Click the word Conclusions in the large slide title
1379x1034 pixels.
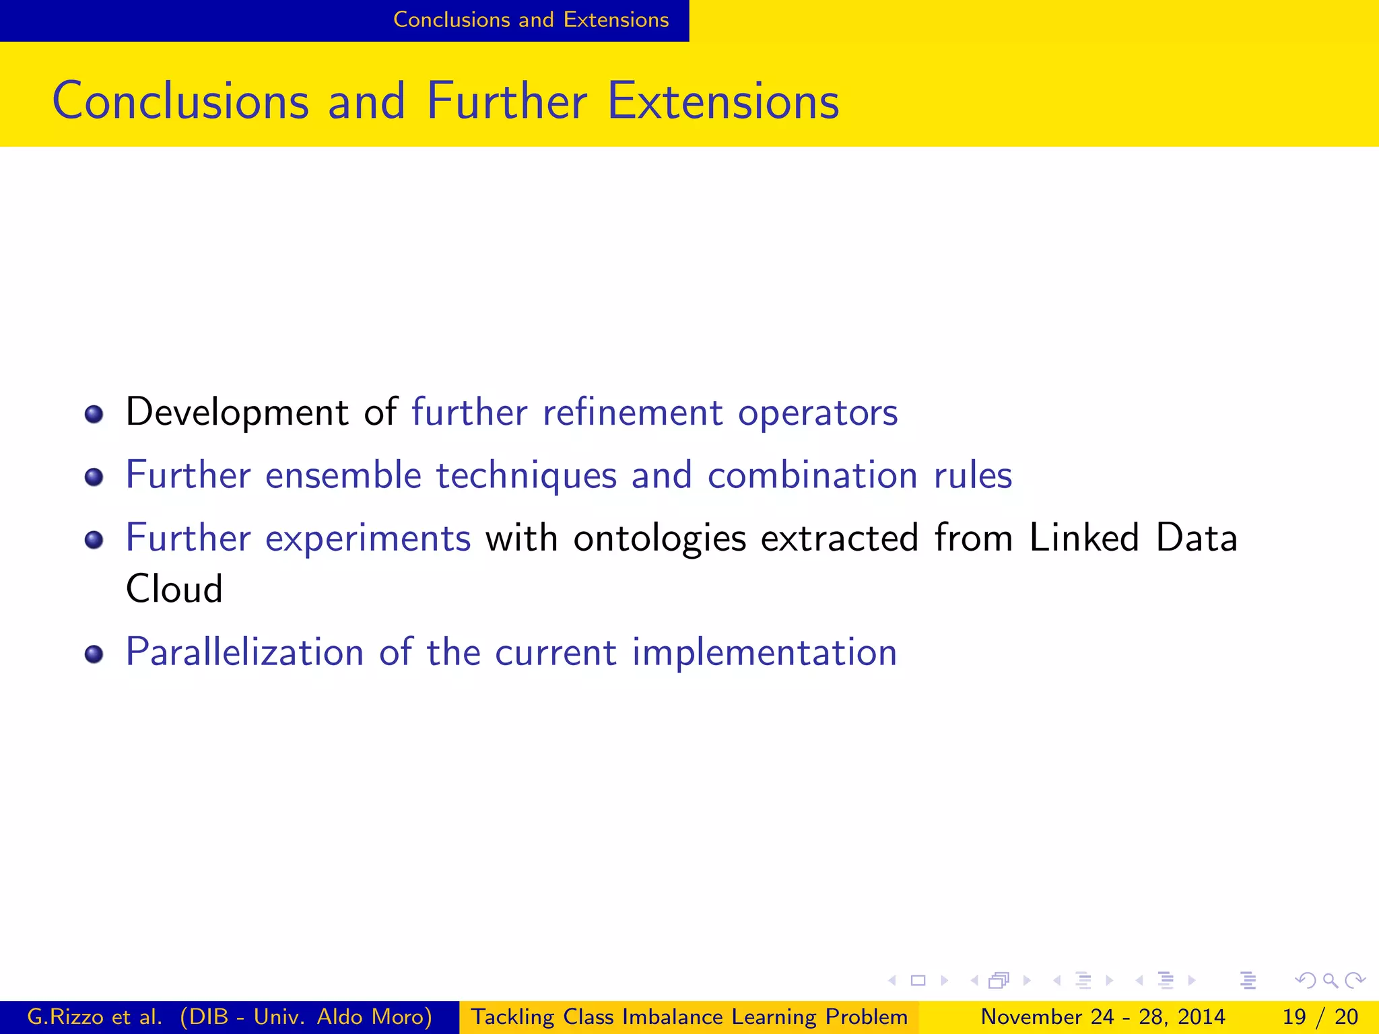coord(180,101)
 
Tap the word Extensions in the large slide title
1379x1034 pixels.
coord(722,101)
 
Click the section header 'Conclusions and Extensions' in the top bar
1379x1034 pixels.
coord(531,20)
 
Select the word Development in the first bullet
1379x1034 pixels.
coord(237,412)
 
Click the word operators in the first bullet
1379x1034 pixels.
coord(817,413)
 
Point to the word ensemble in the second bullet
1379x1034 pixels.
coord(343,475)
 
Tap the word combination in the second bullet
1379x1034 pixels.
coord(813,475)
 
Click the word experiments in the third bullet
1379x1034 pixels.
coord(368,539)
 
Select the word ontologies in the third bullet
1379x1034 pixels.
coord(659,539)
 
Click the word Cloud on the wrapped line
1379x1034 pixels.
coord(174,589)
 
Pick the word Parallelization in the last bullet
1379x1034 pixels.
coord(244,652)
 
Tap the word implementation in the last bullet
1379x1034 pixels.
coord(764,652)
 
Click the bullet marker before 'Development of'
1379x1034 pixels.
coord(94,414)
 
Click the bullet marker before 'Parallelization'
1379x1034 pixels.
coord(94,654)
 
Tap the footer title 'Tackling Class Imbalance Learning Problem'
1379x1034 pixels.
coord(688,1016)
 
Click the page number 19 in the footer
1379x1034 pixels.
coord(1293,1016)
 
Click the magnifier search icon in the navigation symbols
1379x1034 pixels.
coord(1330,980)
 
